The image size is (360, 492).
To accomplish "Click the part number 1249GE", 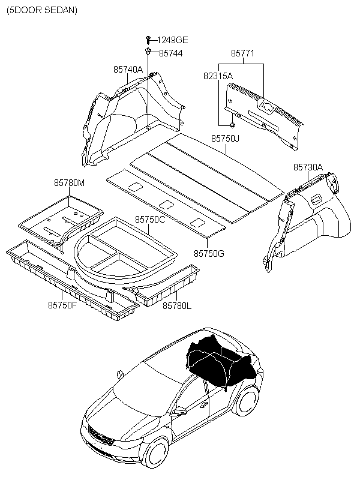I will click(173, 40).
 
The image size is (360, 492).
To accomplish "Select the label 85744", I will click(171, 53).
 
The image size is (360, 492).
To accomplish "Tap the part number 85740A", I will click(128, 70).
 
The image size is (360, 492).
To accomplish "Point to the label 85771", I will click(243, 53).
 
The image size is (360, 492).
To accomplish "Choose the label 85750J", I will click(225, 139).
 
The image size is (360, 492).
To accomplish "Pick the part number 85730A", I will click(308, 167).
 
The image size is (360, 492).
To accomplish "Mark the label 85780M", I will click(70, 182).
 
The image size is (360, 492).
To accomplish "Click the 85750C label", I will click(149, 220).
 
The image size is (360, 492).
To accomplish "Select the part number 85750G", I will click(209, 254).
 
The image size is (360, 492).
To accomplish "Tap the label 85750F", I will click(62, 305).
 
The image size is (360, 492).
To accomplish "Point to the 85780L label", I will click(177, 305).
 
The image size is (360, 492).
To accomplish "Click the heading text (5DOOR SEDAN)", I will click(42, 11).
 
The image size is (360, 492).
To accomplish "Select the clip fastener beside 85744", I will click(148, 53).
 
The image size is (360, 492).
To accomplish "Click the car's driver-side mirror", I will click(178, 412).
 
